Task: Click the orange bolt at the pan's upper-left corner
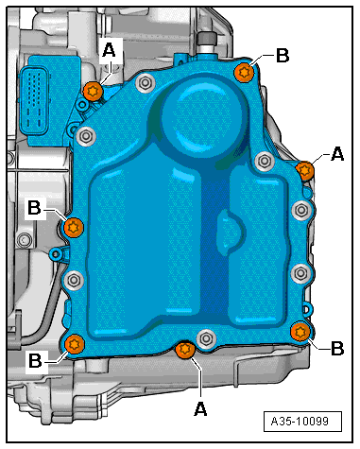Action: pyautogui.click(x=92, y=91)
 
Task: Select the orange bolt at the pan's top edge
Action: pyautogui.click(x=245, y=72)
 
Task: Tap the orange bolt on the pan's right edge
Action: pyautogui.click(x=305, y=170)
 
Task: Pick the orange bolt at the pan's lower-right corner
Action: pyautogui.click(x=300, y=331)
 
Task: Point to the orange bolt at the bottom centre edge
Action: pyautogui.click(x=185, y=352)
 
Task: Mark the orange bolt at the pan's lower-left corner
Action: pyautogui.click(x=76, y=343)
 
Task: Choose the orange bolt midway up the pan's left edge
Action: pyautogui.click(x=74, y=227)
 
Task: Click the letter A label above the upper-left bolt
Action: pyautogui.click(x=109, y=50)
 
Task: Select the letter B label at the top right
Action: pyautogui.click(x=283, y=55)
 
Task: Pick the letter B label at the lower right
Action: pyautogui.click(x=337, y=348)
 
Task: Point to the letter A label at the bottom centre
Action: pyautogui.click(x=199, y=407)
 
